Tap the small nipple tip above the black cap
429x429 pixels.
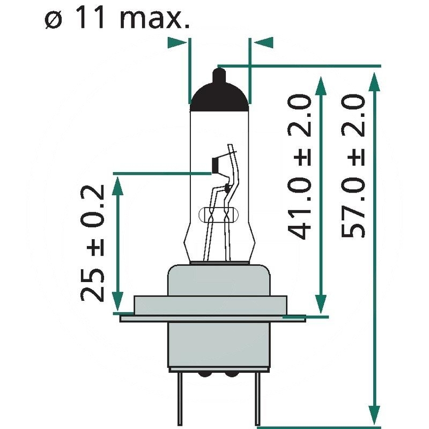tap(219, 73)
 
